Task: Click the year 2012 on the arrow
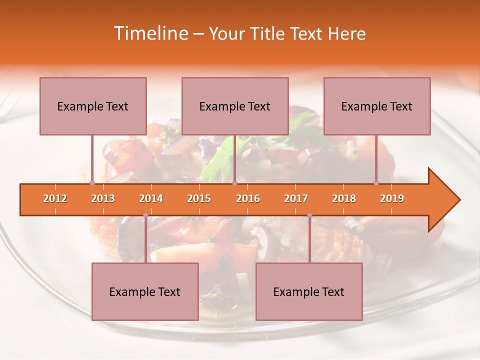(x=55, y=198)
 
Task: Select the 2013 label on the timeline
(x=103, y=198)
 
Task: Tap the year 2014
(x=151, y=198)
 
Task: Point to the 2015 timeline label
(x=199, y=198)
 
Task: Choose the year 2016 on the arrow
(x=248, y=198)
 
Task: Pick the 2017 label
(x=296, y=198)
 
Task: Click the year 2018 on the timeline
(x=344, y=198)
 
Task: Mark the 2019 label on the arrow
(x=392, y=198)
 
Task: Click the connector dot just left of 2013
(x=92, y=183)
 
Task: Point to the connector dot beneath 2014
(x=145, y=215)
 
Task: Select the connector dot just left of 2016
(x=234, y=183)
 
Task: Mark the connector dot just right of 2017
(x=309, y=215)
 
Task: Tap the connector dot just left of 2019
(x=376, y=183)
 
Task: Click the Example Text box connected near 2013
(x=93, y=106)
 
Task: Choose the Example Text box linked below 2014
(x=145, y=291)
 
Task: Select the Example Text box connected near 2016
(x=235, y=106)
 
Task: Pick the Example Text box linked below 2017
(x=309, y=291)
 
